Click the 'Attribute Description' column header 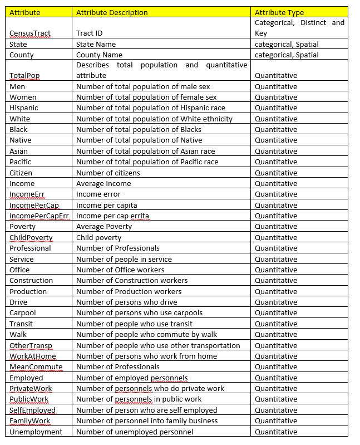pos(112,12)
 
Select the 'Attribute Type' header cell pos(279,12)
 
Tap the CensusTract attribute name pos(30,33)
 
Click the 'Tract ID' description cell pos(89,33)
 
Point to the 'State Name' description pos(96,44)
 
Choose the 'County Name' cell pos(99,55)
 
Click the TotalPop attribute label pos(24,76)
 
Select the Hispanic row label pos(24,108)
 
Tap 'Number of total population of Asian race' pos(145,151)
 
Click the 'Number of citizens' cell pos(108,173)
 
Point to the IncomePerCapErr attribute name pos(40,216)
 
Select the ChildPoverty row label pos(31,237)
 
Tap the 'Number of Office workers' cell pos(120,270)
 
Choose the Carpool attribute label pos(23,313)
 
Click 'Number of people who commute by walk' pos(146,335)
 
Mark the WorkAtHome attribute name pos(33,356)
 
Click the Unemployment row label pos(36,432)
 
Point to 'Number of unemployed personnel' pos(135,432)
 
